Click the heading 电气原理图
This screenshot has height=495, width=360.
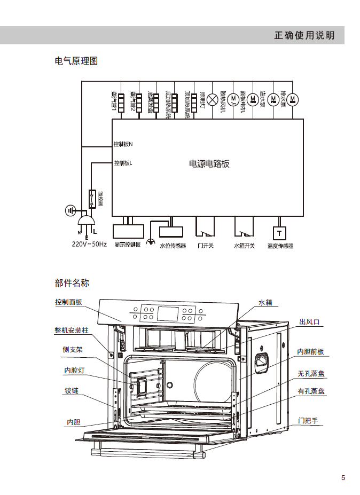[76, 61]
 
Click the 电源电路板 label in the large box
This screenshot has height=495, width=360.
[209, 164]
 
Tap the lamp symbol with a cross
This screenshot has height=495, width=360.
[213, 99]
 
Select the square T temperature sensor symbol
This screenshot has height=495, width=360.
[279, 233]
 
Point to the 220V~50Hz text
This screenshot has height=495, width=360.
[90, 245]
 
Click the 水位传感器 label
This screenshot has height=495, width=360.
[173, 246]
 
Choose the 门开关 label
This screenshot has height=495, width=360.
[206, 246]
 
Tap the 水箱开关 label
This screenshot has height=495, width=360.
[244, 246]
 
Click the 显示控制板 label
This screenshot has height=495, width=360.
[128, 245]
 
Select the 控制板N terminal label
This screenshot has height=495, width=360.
[123, 144]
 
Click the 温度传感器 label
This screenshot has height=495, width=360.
[280, 246]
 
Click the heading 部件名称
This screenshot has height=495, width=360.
[72, 282]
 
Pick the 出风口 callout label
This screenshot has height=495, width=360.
[309, 321]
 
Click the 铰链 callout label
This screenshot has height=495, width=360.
[72, 391]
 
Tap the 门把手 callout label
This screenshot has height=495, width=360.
[308, 421]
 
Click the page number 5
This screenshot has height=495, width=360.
[343, 477]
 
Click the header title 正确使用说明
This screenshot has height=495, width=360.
[304, 35]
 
